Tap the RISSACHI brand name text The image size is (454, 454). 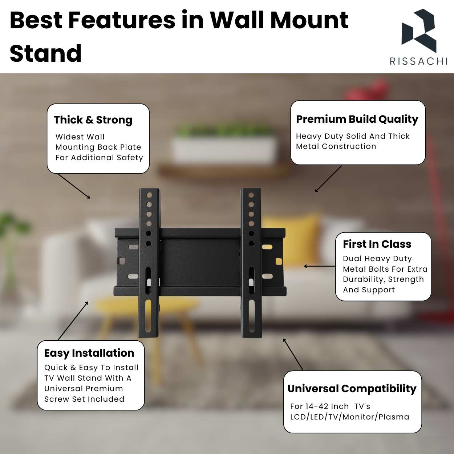pyautogui.click(x=419, y=61)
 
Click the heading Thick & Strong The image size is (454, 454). pyautogui.click(x=93, y=120)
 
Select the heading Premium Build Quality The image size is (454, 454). pyautogui.click(x=357, y=119)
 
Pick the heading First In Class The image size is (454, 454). pyautogui.click(x=377, y=244)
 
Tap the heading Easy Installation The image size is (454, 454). pyautogui.click(x=89, y=353)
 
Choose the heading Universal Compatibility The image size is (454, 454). pyautogui.click(x=352, y=389)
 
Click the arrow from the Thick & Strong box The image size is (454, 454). pyautogui.click(x=74, y=186)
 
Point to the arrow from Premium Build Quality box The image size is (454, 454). pyautogui.click(x=328, y=179)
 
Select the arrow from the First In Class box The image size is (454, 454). pyautogui.click(x=320, y=266)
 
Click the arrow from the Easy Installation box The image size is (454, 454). pyautogui.click(x=73, y=320)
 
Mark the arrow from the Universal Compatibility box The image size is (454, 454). pyautogui.click(x=293, y=354)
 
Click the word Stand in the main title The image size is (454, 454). pyautogui.click(x=46, y=53)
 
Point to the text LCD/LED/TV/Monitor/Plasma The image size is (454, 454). pyautogui.click(x=349, y=417)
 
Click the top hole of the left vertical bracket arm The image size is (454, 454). pyautogui.click(x=149, y=195)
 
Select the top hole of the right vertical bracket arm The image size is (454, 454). pyautogui.click(x=251, y=195)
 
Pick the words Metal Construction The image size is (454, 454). pyautogui.click(x=336, y=146)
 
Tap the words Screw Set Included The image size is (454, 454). pyautogui.click(x=84, y=399)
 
